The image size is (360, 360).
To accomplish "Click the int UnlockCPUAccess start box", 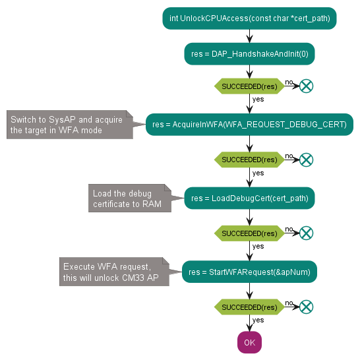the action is coord(250,18).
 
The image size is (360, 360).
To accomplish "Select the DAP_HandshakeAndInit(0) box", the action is coord(250,54).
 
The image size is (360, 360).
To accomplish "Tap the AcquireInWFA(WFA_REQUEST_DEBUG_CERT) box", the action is coord(250,125).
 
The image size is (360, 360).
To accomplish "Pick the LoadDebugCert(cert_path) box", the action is coord(250,198).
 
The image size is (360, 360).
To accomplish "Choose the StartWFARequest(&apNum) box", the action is coord(250,272).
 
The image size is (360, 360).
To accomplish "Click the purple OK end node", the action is coord(250,342).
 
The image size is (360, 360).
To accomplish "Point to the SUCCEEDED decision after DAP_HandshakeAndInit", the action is coord(250,86).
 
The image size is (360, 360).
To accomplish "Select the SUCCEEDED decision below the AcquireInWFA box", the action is coord(250,160).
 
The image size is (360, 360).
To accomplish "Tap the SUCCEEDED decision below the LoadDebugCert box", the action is coord(250,233).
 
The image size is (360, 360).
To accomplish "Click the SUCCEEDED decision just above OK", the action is coord(250,307).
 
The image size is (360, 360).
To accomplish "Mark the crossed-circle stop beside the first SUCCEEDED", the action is coord(307,86).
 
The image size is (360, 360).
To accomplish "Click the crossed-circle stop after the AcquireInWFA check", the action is coord(307,160).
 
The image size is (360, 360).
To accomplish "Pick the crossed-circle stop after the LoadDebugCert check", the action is coord(307,233).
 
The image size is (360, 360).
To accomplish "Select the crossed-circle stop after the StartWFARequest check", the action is coord(307,307).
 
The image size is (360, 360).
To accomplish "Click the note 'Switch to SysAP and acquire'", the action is coord(70,125).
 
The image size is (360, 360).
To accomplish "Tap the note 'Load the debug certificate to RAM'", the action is coord(130,198).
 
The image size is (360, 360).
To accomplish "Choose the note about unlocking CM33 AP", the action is coord(114,272).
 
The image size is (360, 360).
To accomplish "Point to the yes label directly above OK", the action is coord(258,320).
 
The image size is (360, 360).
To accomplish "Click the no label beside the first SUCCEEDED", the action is coord(289,82).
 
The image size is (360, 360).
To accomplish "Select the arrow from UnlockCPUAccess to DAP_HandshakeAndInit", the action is coord(250,36).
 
